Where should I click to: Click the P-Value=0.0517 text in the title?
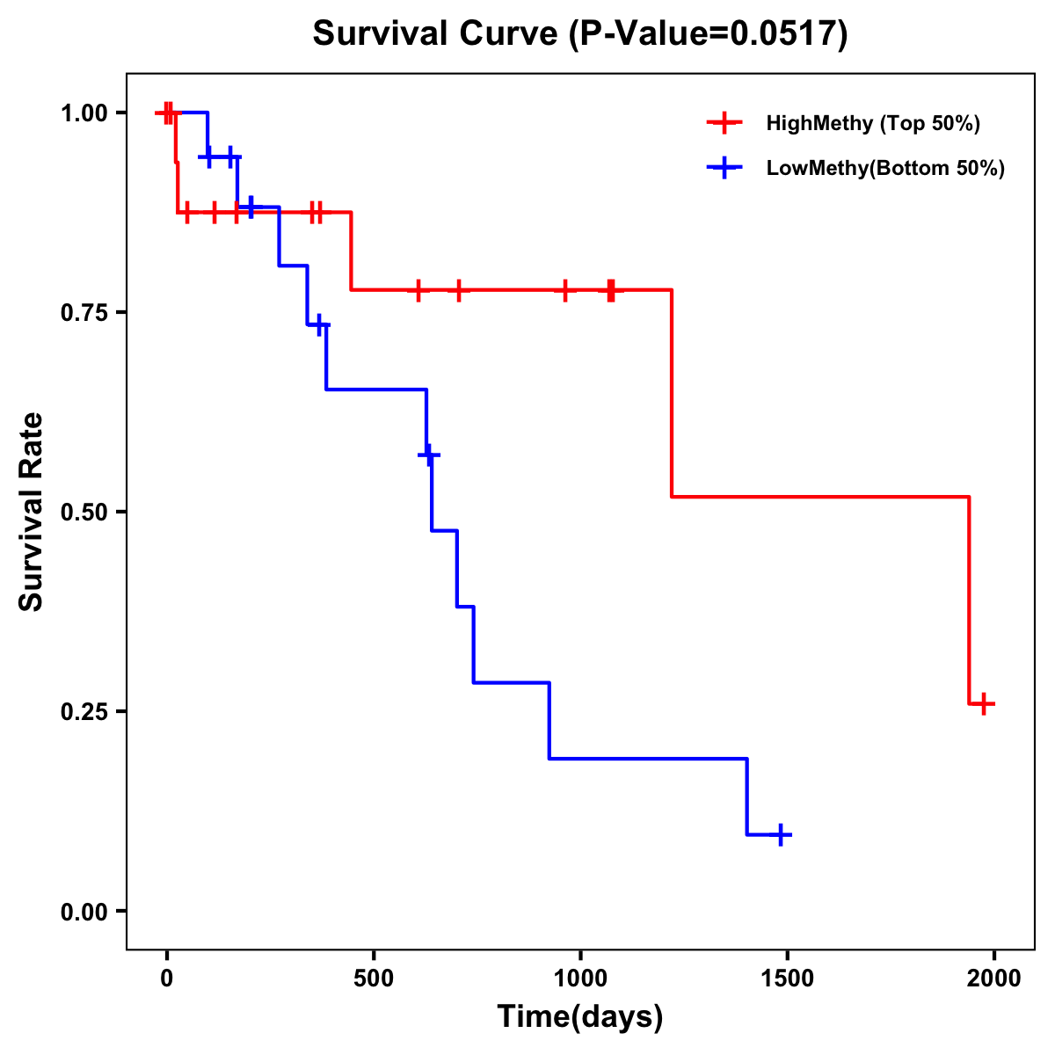708,35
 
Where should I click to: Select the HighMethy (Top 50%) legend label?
872,123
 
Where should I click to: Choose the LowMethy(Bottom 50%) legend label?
885,168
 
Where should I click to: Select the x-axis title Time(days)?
580,1017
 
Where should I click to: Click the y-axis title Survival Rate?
32,512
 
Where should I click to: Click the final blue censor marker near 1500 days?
780,834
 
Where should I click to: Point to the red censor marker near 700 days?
457,289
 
